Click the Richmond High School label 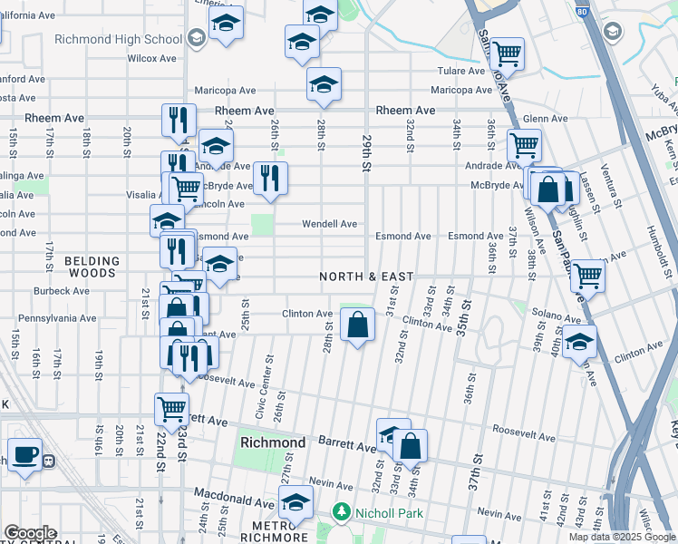tap(118, 39)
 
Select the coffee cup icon tap(24, 454)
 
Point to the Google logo tap(29, 533)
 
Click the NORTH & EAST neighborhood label tap(365, 277)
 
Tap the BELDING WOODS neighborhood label tap(91, 267)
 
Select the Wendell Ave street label tap(329, 224)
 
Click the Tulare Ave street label tap(462, 71)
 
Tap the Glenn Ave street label tap(545, 119)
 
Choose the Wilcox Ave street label tap(151, 58)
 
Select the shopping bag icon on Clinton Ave tap(358, 325)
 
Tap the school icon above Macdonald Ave tap(295, 502)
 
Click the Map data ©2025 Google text tap(621, 537)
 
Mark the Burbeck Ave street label tap(62, 291)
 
